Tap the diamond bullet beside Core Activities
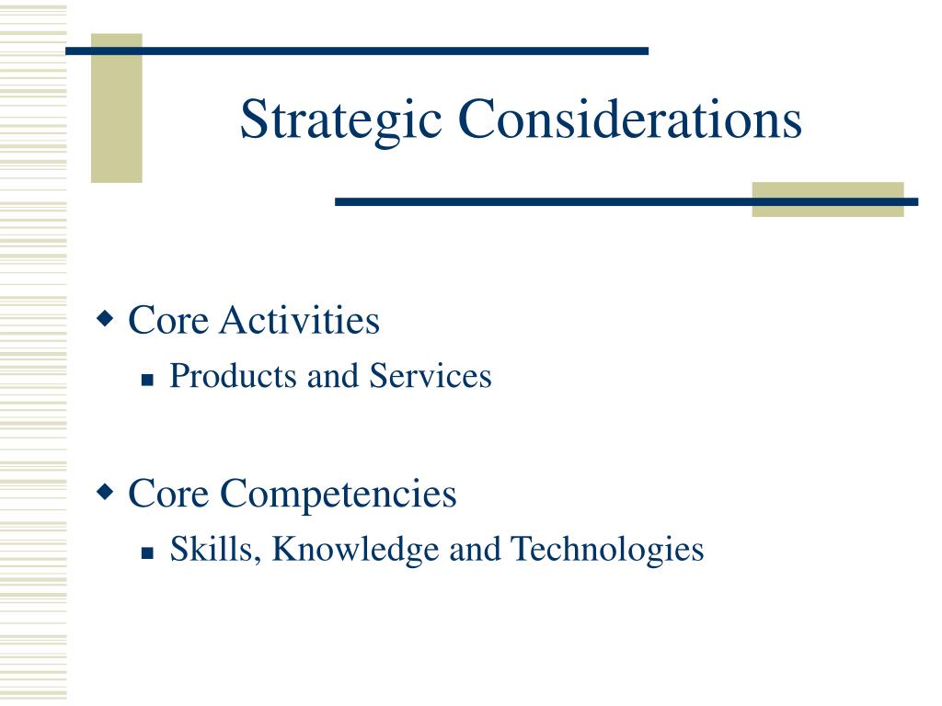(105, 318)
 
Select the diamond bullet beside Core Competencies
(105, 493)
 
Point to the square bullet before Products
(148, 380)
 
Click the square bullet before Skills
(148, 552)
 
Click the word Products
(234, 376)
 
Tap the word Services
(431, 376)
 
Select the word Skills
(215, 550)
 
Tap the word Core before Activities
(168, 320)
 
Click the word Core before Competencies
(168, 494)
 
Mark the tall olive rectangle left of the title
(117, 108)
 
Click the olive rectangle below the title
(828, 199)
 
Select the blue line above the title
(357, 51)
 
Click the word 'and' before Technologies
(476, 550)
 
